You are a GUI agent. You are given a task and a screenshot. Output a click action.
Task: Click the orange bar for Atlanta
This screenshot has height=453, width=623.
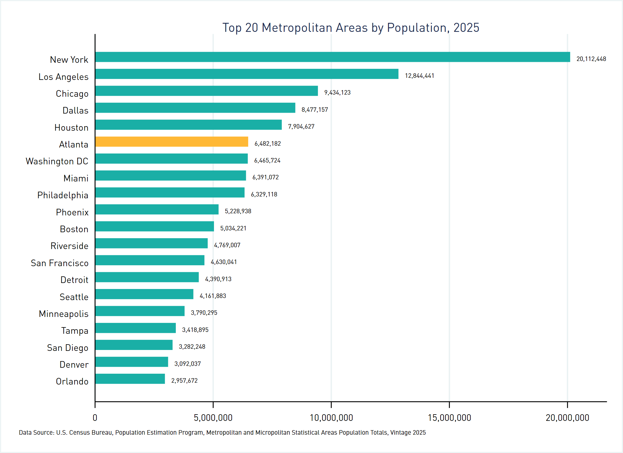click(172, 142)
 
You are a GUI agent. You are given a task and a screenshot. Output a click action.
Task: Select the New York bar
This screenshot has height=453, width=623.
click(332, 57)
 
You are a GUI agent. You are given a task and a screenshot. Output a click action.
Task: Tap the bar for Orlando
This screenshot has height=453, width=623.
click(130, 379)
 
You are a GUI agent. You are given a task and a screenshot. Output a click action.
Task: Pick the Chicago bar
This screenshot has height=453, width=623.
click(206, 91)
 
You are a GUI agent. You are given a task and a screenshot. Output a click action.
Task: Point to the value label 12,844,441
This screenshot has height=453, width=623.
click(419, 76)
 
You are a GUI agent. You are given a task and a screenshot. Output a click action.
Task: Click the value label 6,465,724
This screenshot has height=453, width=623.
click(267, 160)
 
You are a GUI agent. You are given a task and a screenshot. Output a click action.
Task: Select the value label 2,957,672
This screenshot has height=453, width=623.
click(184, 381)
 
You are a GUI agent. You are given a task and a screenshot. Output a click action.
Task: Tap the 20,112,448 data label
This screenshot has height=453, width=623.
click(591, 59)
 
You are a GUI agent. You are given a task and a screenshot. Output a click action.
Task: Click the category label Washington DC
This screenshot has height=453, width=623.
click(57, 161)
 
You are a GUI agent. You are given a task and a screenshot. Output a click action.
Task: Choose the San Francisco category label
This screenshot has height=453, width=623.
click(60, 263)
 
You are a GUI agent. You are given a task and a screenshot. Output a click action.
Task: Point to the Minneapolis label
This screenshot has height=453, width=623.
click(64, 314)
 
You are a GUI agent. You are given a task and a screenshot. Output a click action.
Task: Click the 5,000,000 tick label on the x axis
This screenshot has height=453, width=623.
click(213, 418)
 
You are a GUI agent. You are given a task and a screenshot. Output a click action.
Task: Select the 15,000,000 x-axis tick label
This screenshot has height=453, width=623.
click(449, 418)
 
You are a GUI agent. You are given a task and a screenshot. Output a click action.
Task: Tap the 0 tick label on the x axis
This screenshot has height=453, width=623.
click(95, 418)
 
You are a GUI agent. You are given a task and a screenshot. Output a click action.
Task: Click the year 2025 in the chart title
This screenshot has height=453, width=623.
click(466, 28)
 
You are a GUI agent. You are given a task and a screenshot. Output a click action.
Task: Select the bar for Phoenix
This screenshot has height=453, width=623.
click(157, 209)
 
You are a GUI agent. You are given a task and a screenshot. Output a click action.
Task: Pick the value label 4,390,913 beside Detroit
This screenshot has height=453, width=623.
click(218, 279)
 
